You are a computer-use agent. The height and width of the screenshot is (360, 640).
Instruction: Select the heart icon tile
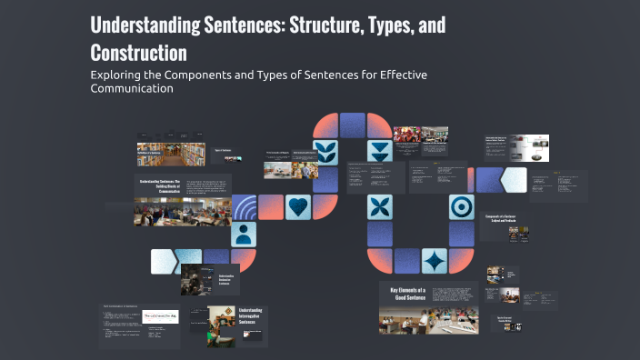coord(298,207)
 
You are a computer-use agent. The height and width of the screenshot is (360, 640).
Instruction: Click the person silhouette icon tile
coord(244,235)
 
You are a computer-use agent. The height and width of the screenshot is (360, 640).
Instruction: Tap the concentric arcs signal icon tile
coord(244,208)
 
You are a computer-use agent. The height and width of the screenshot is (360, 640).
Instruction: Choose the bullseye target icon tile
coord(461,207)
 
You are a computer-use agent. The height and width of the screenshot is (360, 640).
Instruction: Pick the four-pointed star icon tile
coord(435,262)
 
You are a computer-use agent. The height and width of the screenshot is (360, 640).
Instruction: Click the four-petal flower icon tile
coord(380,207)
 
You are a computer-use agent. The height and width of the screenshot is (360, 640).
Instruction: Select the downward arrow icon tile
coord(380,153)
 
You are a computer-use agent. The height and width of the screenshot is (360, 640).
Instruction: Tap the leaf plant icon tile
coord(325,153)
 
